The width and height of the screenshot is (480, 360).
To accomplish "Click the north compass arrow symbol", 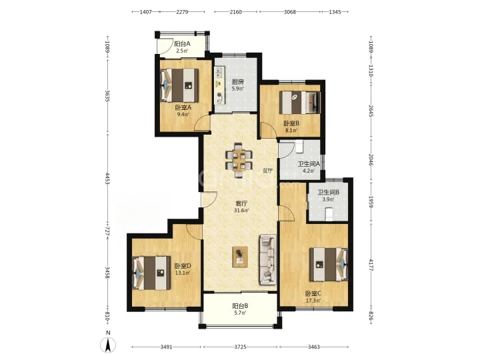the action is (108, 345).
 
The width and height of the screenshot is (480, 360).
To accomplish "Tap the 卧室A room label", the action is (183, 107).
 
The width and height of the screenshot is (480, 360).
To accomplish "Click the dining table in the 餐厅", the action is (239, 160).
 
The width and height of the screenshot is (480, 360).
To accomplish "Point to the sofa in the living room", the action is (268, 259).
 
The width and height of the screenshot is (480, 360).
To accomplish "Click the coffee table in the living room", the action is (240, 257).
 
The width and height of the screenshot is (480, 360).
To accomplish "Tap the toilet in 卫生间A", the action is (299, 146).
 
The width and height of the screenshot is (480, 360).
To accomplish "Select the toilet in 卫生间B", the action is (329, 214).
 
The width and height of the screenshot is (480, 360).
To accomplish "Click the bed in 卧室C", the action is (329, 264).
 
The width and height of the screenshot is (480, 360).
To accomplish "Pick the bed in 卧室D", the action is (151, 273).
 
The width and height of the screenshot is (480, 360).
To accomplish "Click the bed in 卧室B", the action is (300, 102).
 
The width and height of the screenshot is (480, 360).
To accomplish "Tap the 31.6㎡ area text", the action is (241, 210).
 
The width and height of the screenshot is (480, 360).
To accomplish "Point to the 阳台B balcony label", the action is (240, 305).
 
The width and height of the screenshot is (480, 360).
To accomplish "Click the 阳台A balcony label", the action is (182, 44).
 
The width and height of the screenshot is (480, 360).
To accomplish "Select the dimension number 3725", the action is (240, 347).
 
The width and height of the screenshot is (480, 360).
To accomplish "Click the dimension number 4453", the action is (107, 179).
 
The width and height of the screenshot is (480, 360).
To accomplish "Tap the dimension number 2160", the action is (236, 12).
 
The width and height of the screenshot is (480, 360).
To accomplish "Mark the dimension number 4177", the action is (371, 265).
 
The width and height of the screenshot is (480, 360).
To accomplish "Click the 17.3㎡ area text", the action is (313, 301).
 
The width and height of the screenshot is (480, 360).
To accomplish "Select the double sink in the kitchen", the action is (219, 72).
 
